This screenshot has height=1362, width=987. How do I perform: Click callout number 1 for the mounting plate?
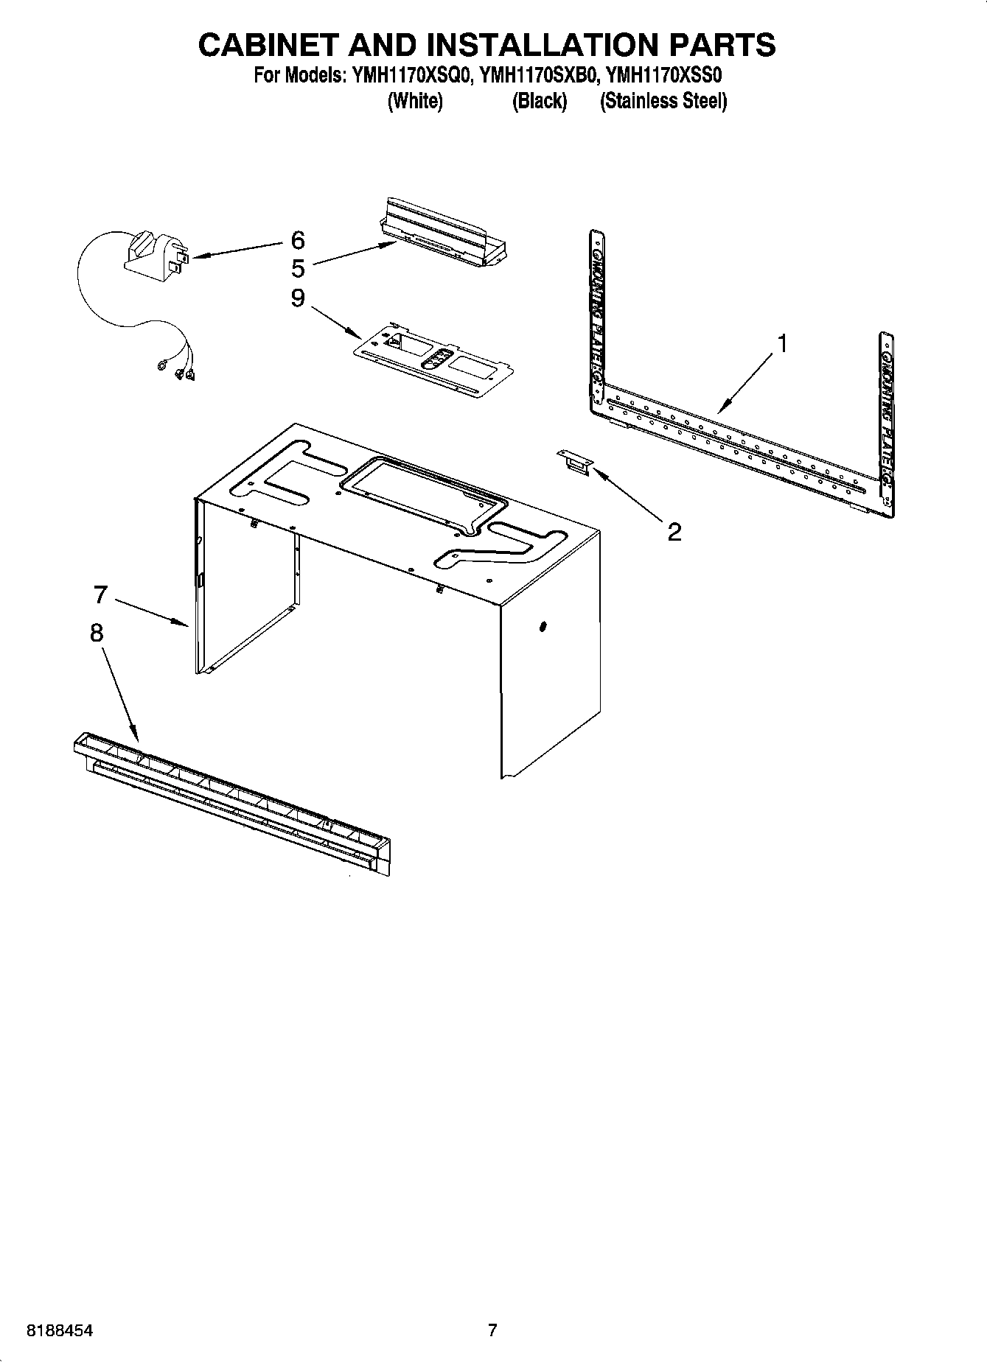783,344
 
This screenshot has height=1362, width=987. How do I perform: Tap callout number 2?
674,531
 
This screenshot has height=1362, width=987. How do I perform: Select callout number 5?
298,267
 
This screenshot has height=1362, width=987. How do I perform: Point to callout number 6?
298,239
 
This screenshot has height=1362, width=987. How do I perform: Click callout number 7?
101,594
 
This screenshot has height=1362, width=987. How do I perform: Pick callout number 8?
97,633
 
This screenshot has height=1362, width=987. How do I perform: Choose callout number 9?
298,298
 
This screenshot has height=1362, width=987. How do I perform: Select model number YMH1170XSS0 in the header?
667,76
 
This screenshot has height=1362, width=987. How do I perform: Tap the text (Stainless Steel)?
663,102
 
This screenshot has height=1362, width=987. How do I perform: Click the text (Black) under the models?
539,102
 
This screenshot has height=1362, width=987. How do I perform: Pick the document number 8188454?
59,1330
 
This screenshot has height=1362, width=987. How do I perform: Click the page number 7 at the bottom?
492,1330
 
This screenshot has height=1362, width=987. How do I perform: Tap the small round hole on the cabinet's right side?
543,627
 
